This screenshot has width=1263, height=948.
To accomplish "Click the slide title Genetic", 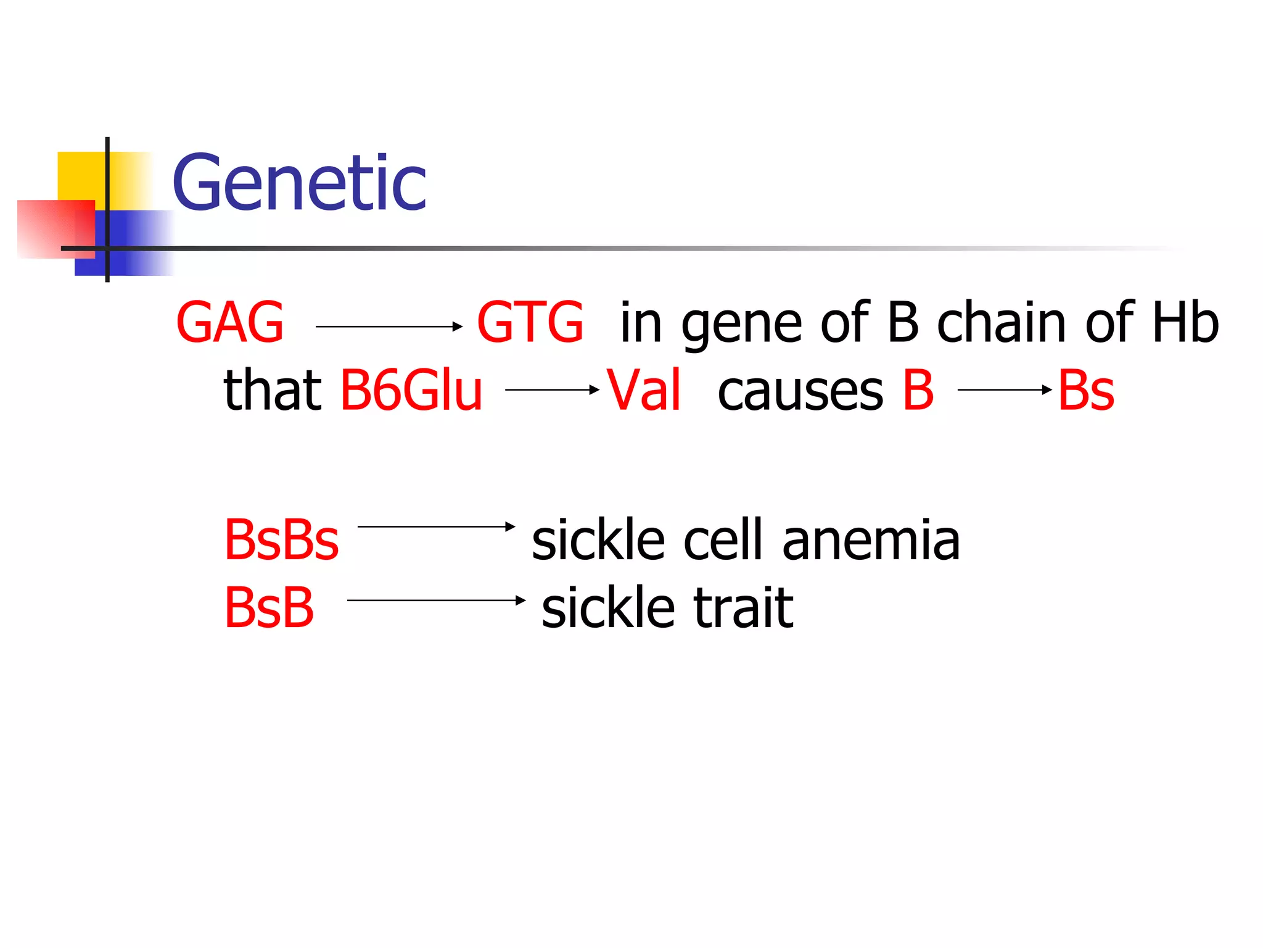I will coord(299,183).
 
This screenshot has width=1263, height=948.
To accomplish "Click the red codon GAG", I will coord(229,323).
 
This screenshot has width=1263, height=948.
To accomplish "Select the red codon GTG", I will coord(530,323).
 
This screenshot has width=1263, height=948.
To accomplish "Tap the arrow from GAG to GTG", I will coord(389,326).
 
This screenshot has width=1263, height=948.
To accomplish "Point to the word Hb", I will coord(1185,323).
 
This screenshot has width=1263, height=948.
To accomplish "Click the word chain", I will coord(1002,323).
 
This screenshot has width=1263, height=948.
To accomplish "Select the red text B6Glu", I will coord(411,391).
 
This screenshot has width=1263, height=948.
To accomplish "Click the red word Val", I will coord(644,391).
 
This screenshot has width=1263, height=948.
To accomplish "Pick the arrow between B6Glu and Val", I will coord(552,390).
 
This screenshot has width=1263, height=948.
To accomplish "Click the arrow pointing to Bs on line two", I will coord(1005,390).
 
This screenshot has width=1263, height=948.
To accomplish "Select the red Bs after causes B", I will coord(1085,391).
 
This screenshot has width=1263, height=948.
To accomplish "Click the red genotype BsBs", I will coord(281,541).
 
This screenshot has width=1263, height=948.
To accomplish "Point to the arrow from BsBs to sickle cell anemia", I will coord(436,526).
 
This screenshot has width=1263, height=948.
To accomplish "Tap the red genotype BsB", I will coord(269,609).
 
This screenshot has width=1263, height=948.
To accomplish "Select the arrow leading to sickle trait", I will coord(436,600).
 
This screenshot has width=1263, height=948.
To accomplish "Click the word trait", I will coord(743,609).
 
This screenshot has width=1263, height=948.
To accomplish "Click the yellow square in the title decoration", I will coord(80,176).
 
